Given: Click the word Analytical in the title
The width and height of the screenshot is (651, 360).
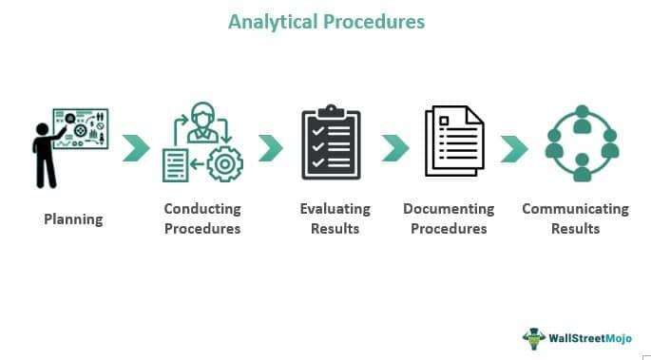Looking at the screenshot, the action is point(275,21).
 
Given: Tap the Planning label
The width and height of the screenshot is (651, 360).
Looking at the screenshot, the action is point(73,219).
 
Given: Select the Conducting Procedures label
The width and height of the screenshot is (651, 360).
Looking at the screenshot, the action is point(201,218).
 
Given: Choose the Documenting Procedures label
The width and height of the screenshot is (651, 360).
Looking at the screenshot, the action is point(449,218).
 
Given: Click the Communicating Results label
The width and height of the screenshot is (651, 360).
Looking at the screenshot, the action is point(575,218).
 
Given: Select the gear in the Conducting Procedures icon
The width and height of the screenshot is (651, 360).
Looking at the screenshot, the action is point(224,163).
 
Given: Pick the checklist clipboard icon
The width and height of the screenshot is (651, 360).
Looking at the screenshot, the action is point(331,144).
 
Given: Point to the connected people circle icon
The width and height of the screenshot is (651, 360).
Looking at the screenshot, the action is point(582,143).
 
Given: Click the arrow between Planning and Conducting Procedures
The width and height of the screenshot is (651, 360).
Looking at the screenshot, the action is point(137,147).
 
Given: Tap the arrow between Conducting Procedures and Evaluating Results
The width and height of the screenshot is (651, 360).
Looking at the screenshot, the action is point(271,147).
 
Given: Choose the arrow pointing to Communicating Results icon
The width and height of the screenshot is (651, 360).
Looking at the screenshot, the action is point(514,147).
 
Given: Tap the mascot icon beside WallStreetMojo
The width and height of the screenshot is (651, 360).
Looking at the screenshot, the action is point(534,337).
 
